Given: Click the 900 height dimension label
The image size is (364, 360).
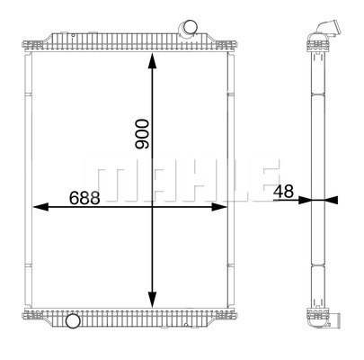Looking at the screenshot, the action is coord(142,134).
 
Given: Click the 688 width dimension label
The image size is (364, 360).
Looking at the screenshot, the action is coord(84,198).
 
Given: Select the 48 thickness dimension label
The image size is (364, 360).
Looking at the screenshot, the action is coord(283,192).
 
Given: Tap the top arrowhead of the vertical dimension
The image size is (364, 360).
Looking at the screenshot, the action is coord(153,61).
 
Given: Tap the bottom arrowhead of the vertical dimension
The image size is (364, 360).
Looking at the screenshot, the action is coord(153,300).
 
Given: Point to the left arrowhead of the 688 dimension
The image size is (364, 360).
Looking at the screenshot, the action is coord(40,207).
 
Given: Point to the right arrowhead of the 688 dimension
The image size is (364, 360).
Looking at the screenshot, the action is coord(219,207).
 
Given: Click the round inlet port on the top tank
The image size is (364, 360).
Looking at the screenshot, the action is coord(189,29).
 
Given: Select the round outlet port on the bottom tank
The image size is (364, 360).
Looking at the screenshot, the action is coord(73,320).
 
